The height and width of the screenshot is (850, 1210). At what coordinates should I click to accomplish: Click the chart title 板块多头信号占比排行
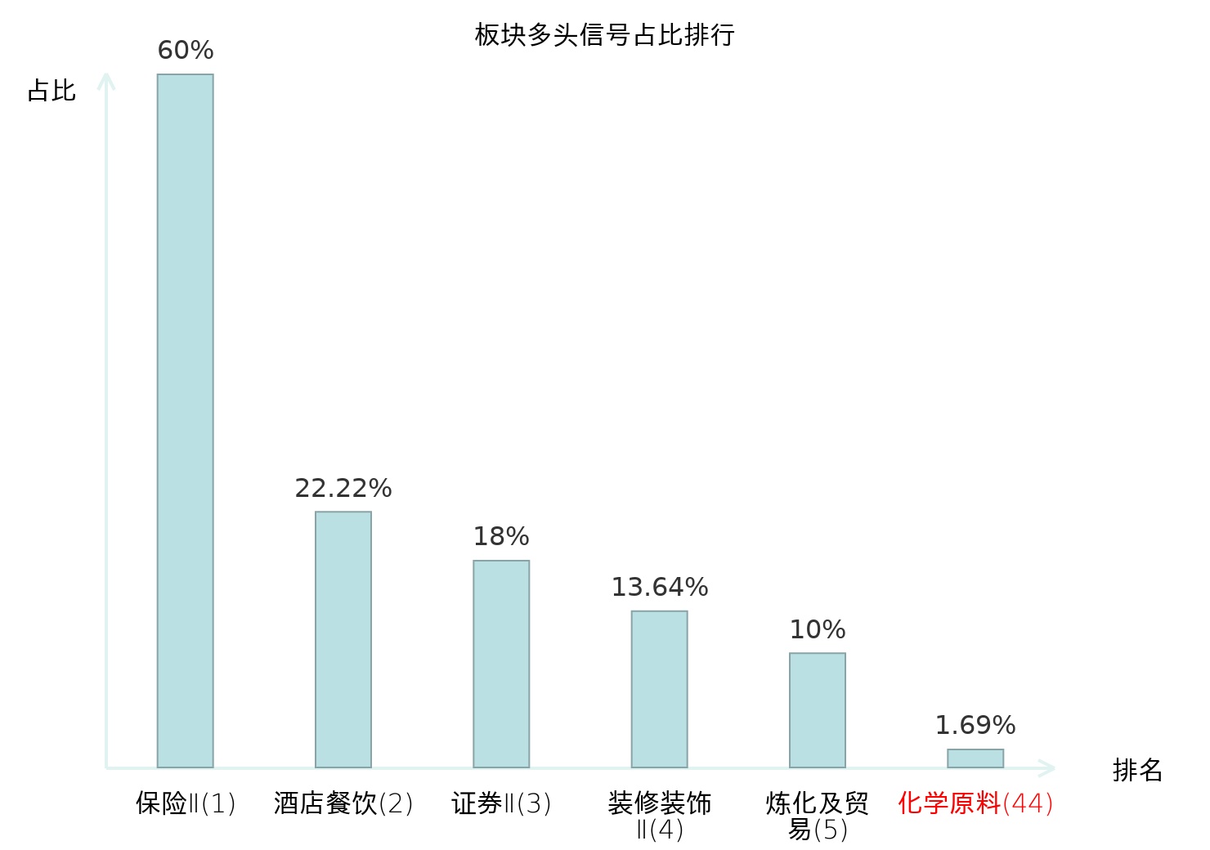[x=604, y=35]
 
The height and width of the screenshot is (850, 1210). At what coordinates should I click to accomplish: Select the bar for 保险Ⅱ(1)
[x=186, y=421]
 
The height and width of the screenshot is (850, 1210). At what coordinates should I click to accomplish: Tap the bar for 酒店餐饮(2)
[x=343, y=639]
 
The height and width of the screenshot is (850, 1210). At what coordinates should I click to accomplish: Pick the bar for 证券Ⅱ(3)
[x=501, y=664]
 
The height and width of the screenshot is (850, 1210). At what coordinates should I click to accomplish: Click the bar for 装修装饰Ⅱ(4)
[x=660, y=689]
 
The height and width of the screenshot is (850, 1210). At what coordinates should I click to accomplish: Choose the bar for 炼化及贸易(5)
[x=818, y=710]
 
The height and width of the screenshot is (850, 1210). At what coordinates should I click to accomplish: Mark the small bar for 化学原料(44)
[x=975, y=758]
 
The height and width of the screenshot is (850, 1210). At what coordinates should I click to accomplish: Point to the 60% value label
[x=186, y=50]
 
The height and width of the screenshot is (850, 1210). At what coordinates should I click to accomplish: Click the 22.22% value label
[x=343, y=488]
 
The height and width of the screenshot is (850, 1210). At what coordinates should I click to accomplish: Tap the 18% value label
[x=501, y=536]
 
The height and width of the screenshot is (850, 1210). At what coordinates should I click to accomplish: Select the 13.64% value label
[x=660, y=587]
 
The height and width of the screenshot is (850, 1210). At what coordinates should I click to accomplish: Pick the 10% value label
[x=818, y=629]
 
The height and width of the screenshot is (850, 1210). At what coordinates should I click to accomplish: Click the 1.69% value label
[x=975, y=725]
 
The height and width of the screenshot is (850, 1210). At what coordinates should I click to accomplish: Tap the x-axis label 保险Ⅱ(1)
[x=186, y=803]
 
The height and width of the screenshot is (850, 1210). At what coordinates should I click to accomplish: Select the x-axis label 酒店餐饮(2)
[x=343, y=803]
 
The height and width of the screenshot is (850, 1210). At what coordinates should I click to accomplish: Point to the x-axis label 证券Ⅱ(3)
[x=501, y=803]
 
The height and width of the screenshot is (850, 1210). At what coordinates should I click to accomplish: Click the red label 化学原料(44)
[x=975, y=803]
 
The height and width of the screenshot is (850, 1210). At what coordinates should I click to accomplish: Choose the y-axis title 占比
[x=52, y=90]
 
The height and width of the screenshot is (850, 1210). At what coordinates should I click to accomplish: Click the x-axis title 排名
[x=1137, y=770]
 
